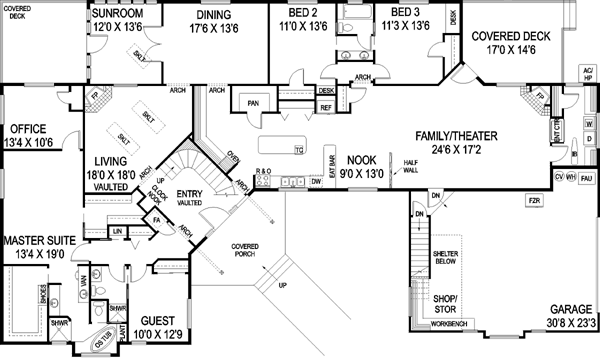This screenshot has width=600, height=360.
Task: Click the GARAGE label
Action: (563, 310)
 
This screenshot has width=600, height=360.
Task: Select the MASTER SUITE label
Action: (42, 241)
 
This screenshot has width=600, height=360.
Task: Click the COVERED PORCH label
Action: (245, 249)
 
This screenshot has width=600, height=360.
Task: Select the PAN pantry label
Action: (254, 101)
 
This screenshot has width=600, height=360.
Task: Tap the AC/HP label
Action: (587, 73)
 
